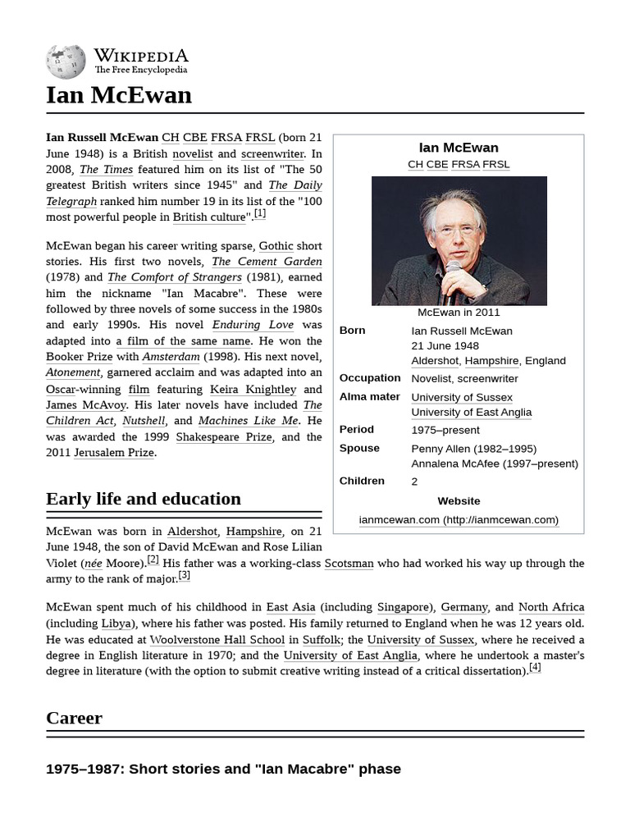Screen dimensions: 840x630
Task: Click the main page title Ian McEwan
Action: point(119,95)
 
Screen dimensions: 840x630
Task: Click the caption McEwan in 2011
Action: point(459,313)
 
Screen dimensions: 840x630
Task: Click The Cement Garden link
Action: point(267,262)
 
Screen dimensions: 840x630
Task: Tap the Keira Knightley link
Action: point(253,389)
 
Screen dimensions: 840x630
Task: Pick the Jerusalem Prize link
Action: point(113,453)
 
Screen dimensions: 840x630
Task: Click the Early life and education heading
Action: point(144,499)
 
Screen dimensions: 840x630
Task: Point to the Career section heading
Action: point(75,718)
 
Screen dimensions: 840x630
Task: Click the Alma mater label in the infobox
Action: point(369,396)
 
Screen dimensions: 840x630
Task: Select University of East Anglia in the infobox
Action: point(471,413)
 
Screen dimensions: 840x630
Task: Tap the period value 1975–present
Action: point(445,430)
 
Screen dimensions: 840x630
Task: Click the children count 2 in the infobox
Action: point(414,482)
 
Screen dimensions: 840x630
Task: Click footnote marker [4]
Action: point(535,667)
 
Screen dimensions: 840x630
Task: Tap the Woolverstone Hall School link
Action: point(217,639)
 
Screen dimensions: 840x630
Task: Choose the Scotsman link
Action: point(349,564)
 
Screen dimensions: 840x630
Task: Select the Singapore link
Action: point(403,607)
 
